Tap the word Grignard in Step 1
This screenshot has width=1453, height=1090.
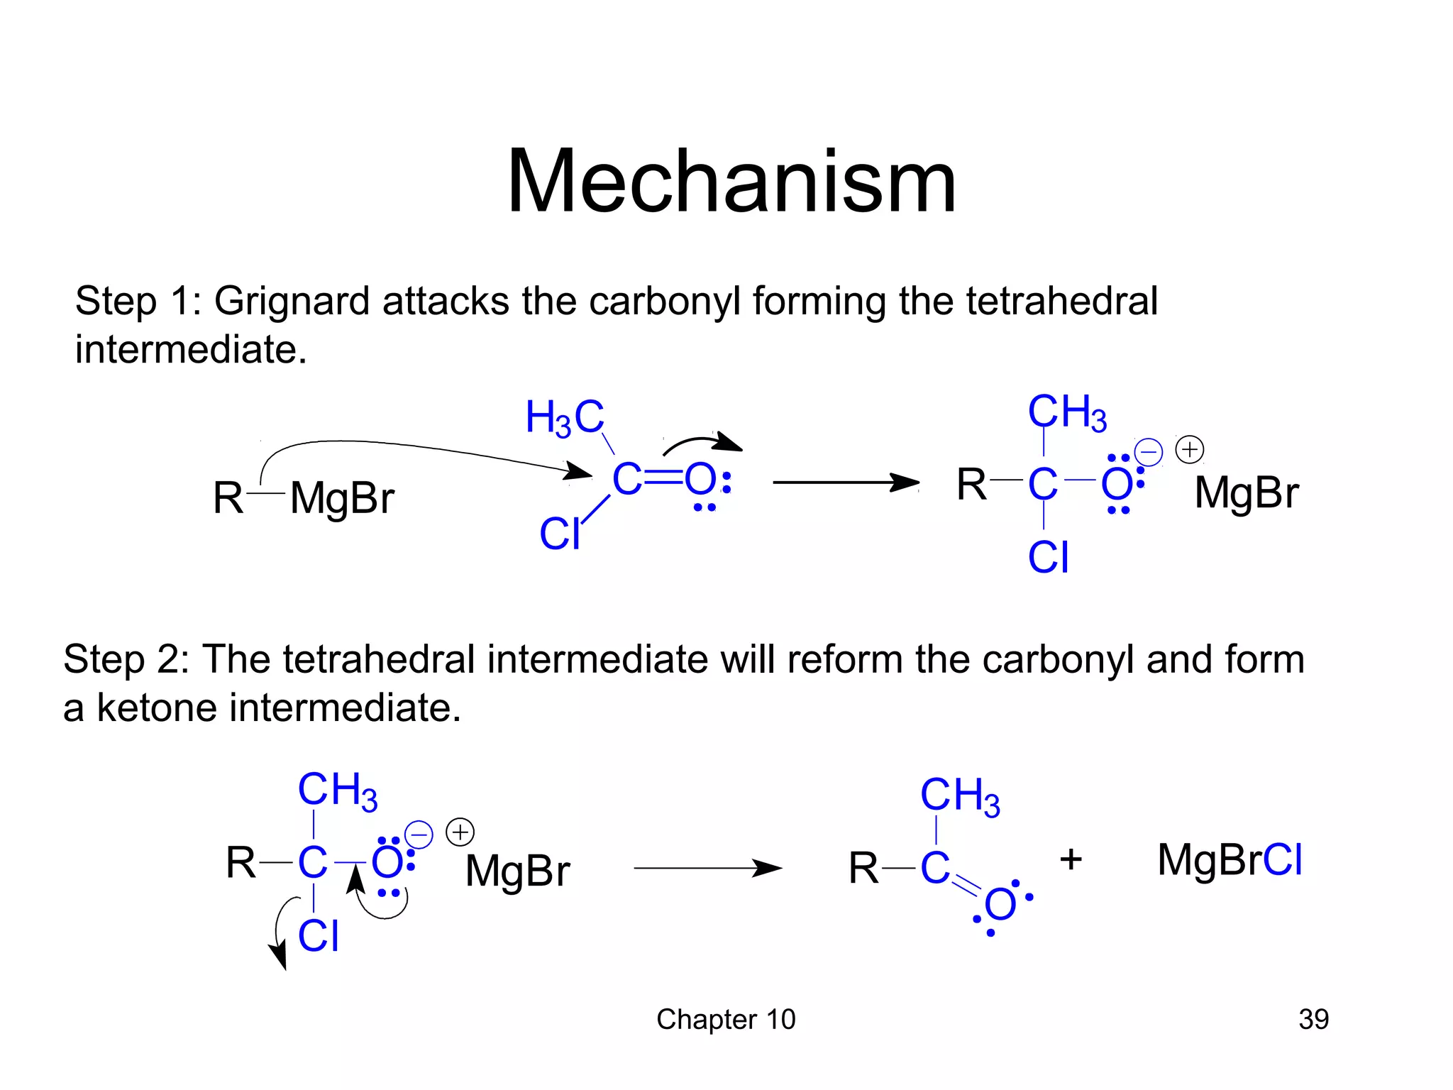pos(291,301)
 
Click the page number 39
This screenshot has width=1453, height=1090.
pos(1313,1019)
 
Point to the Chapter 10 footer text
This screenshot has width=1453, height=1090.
pos(726,1019)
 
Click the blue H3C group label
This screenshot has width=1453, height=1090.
pos(565,417)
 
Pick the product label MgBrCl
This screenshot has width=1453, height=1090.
pos(1230,860)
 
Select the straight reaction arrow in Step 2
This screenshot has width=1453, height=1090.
pos(707,868)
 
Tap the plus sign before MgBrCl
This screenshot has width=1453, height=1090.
pos(1071,859)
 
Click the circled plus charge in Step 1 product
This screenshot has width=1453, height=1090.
pos(1190,450)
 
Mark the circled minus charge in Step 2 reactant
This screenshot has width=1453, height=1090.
pos(419,834)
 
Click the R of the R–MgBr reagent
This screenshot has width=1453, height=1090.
pos(228,498)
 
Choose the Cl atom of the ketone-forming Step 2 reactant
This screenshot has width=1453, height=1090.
pos(319,936)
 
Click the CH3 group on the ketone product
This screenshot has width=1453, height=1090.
pos(960,796)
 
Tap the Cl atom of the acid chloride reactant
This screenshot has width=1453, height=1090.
pos(560,534)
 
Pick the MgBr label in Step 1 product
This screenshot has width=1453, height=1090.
pos(1247,492)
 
